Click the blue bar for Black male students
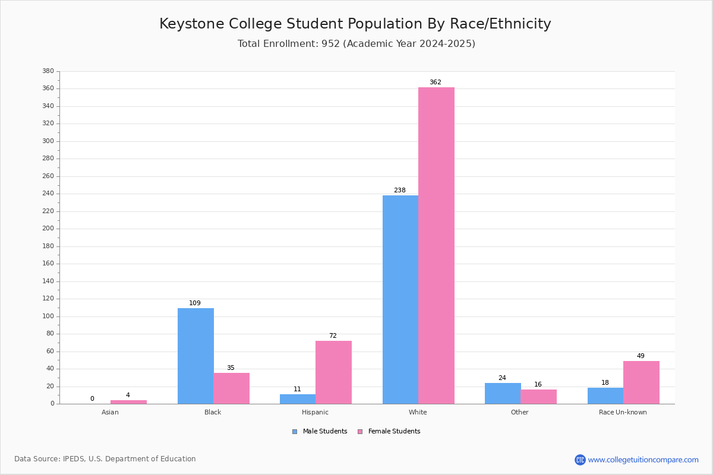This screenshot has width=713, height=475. tap(195, 356)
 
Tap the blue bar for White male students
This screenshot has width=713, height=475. tap(400, 299)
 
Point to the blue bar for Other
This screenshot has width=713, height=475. tap(503, 393)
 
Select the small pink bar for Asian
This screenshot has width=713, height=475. tap(128, 402)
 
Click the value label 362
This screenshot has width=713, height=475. tap(436, 83)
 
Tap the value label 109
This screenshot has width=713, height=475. tap(195, 303)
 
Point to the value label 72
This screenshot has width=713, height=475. tap(333, 336)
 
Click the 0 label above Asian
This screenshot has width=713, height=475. tap(92, 399)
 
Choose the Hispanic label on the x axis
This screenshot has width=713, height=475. tap(315, 412)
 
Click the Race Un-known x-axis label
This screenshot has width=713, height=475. tap(623, 412)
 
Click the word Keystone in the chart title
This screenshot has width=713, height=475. tap(191, 24)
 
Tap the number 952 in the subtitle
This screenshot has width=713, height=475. tap(330, 44)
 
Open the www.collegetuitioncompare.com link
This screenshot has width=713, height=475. tap(643, 460)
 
